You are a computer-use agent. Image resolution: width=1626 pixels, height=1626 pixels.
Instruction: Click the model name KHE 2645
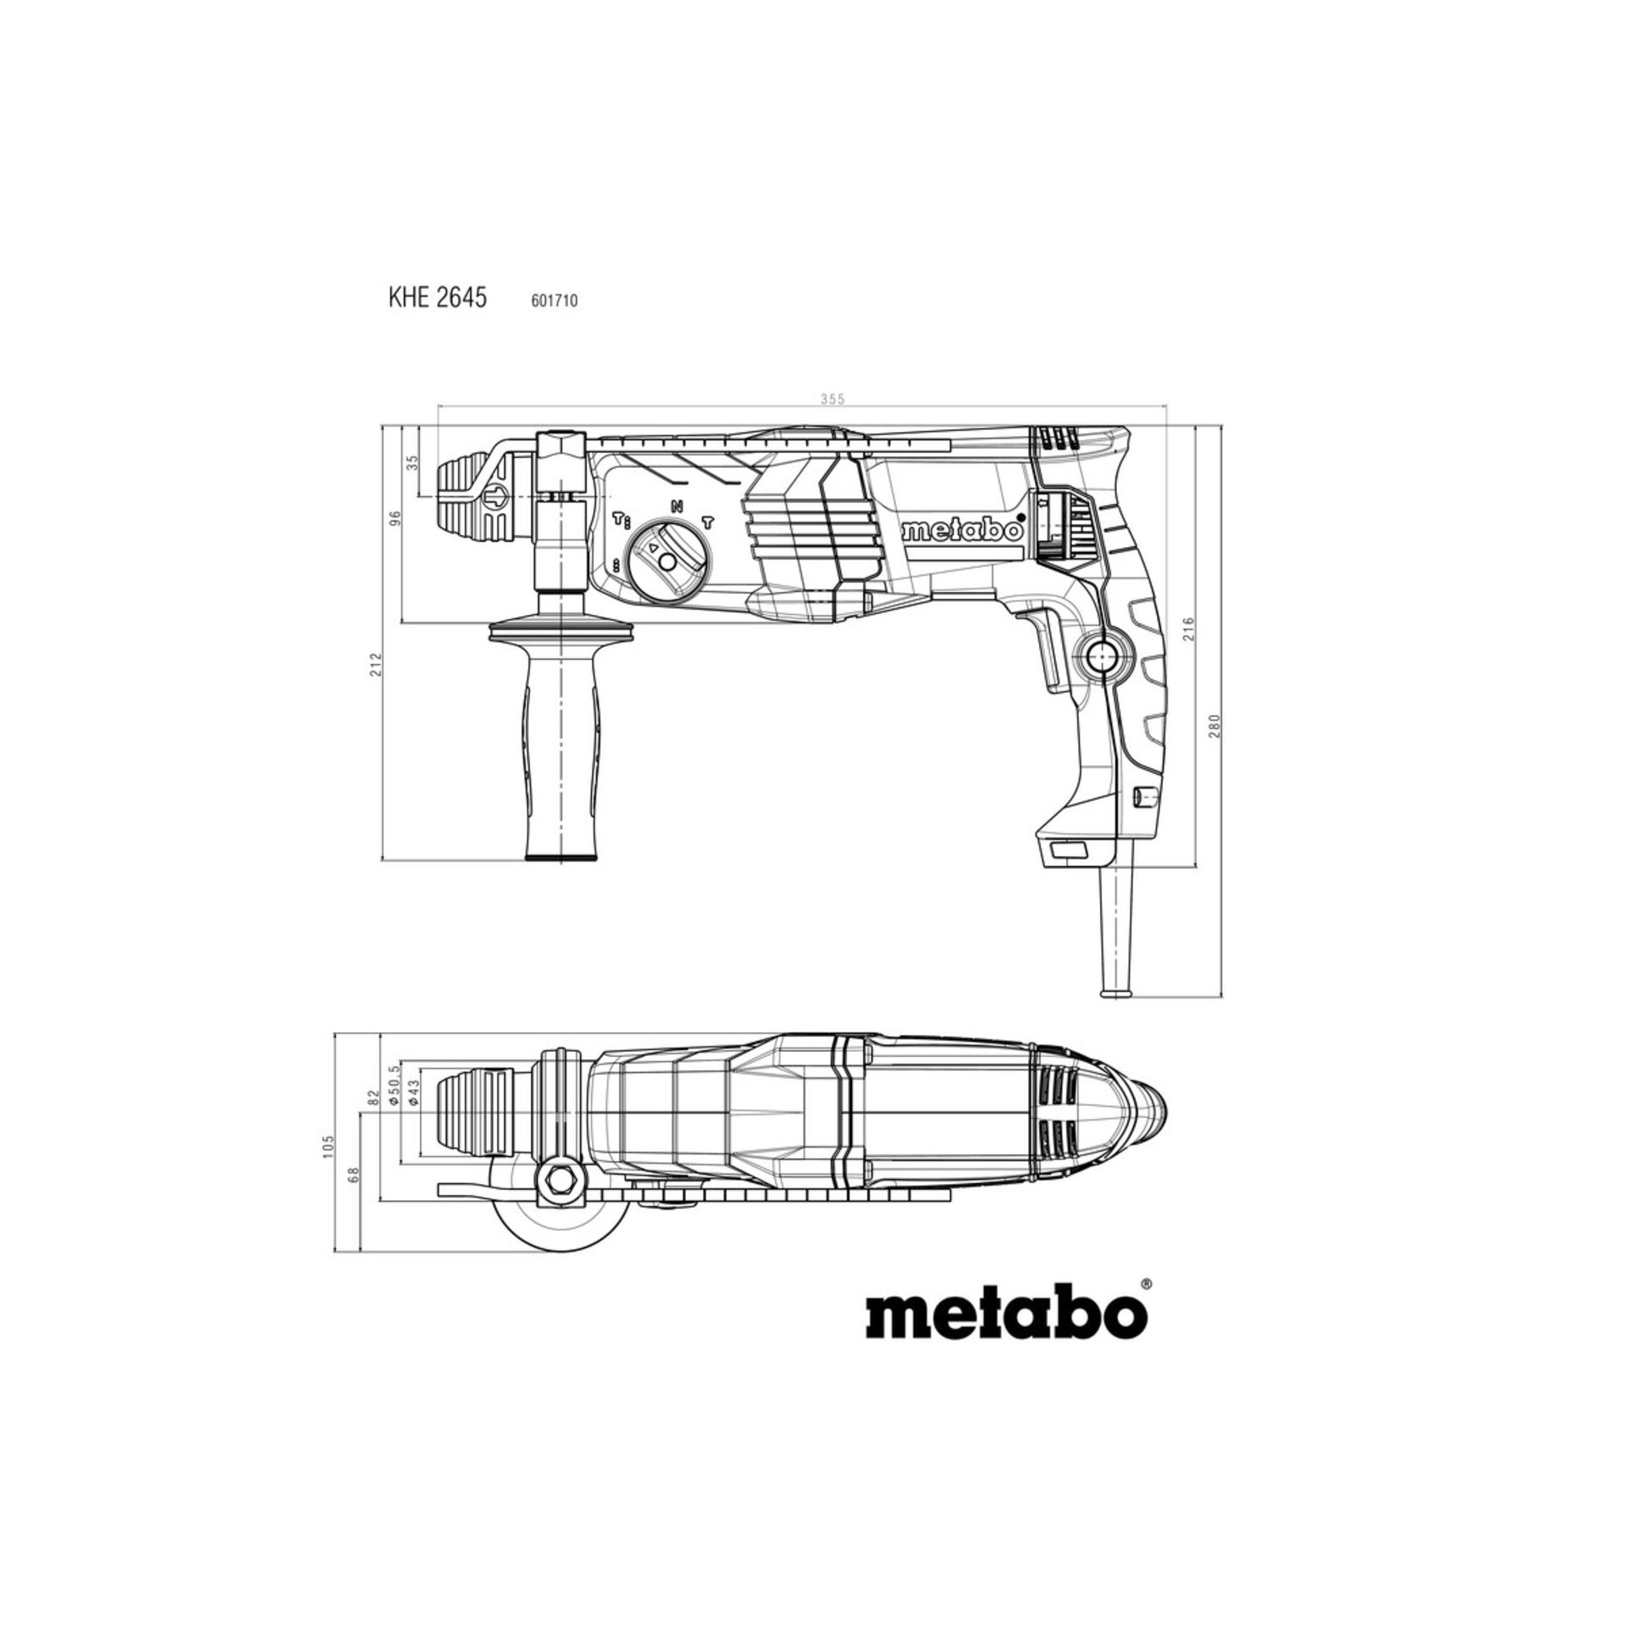(438, 298)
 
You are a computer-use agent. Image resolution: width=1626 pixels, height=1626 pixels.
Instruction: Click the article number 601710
(555, 300)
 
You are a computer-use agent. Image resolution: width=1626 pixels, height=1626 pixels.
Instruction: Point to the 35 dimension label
(413, 462)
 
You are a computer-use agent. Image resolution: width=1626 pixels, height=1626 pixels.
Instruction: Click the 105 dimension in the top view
(329, 1147)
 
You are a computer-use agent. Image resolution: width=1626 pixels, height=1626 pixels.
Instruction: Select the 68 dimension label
(354, 1175)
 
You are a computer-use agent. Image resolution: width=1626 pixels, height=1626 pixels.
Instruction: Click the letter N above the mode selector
(677, 506)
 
